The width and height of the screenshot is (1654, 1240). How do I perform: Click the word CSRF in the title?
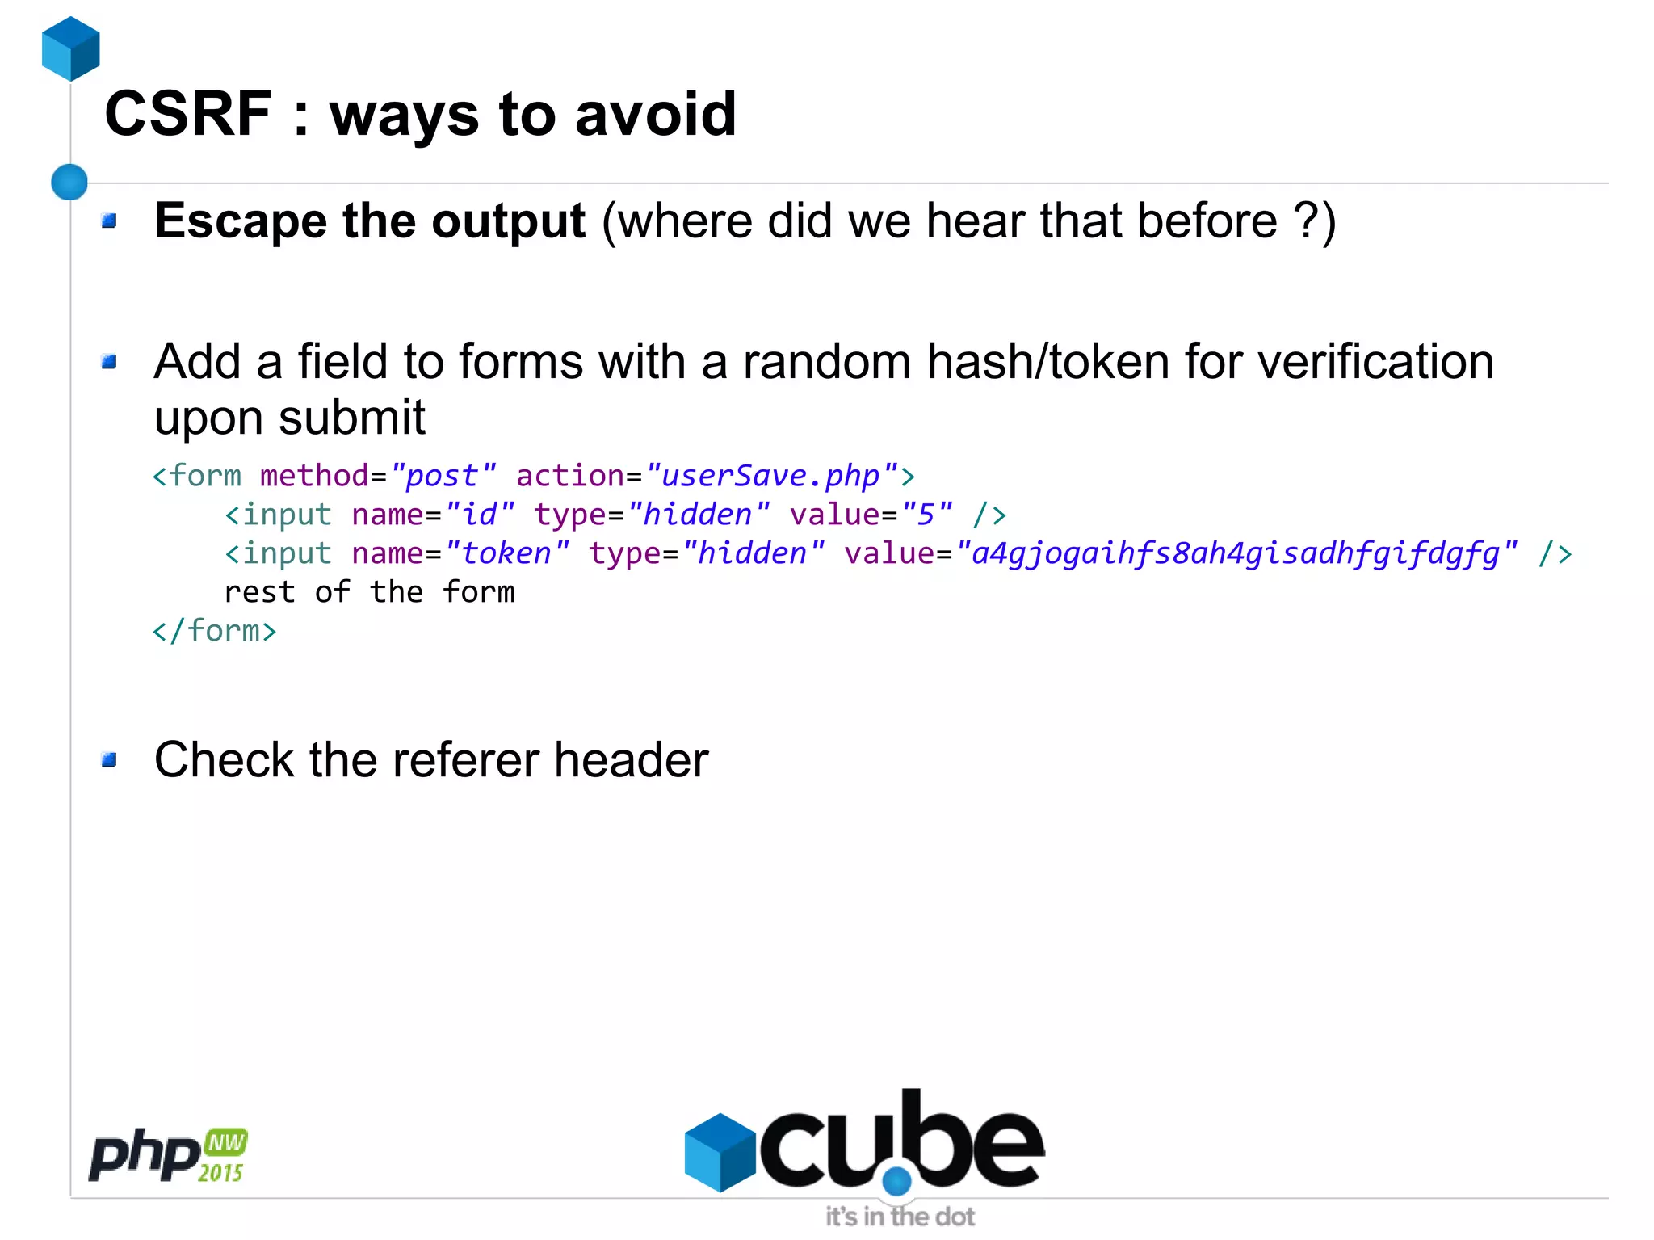click(188, 115)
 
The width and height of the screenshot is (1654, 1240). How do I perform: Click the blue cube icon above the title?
click(71, 48)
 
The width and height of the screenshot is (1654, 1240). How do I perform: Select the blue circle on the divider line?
click(69, 182)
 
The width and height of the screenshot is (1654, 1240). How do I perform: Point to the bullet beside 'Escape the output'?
click(110, 221)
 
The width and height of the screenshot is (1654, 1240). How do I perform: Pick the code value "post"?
click(442, 476)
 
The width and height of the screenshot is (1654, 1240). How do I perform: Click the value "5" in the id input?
click(926, 515)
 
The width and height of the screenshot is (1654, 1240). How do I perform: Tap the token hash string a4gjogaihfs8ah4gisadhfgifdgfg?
click(1236, 554)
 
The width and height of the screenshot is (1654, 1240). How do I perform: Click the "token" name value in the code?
click(506, 554)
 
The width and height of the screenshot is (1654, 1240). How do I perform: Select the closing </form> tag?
click(214, 631)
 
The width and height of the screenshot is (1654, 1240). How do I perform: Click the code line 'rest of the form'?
click(369, 592)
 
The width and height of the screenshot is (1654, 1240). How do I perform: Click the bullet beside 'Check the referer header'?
click(110, 759)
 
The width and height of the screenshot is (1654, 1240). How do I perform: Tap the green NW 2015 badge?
click(224, 1156)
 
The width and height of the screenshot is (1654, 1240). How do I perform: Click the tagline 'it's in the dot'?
click(900, 1217)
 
